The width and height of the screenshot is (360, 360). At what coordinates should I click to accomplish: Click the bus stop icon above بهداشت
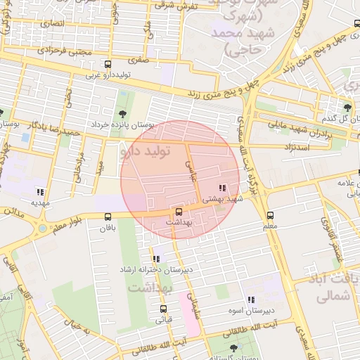click(178, 212)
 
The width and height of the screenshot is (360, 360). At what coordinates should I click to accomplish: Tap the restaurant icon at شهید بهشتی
click(223, 188)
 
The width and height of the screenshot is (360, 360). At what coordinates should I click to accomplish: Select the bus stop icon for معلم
click(270, 216)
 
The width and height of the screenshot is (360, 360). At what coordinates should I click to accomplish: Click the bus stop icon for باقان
click(108, 217)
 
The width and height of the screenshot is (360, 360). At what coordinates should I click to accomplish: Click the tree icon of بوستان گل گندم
click(347, 107)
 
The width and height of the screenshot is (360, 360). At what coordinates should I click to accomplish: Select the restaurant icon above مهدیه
click(40, 191)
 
